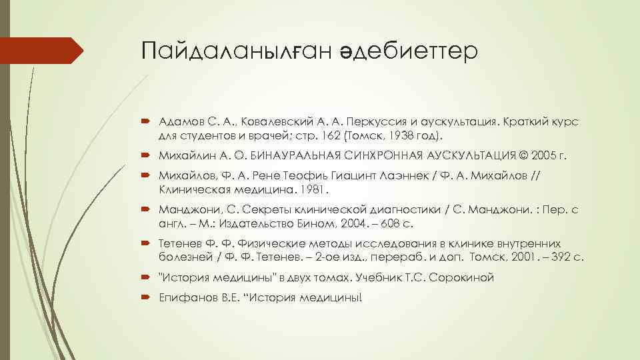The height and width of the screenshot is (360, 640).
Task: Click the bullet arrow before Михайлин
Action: point(147,155)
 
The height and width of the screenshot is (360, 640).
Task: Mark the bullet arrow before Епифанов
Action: point(147,297)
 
